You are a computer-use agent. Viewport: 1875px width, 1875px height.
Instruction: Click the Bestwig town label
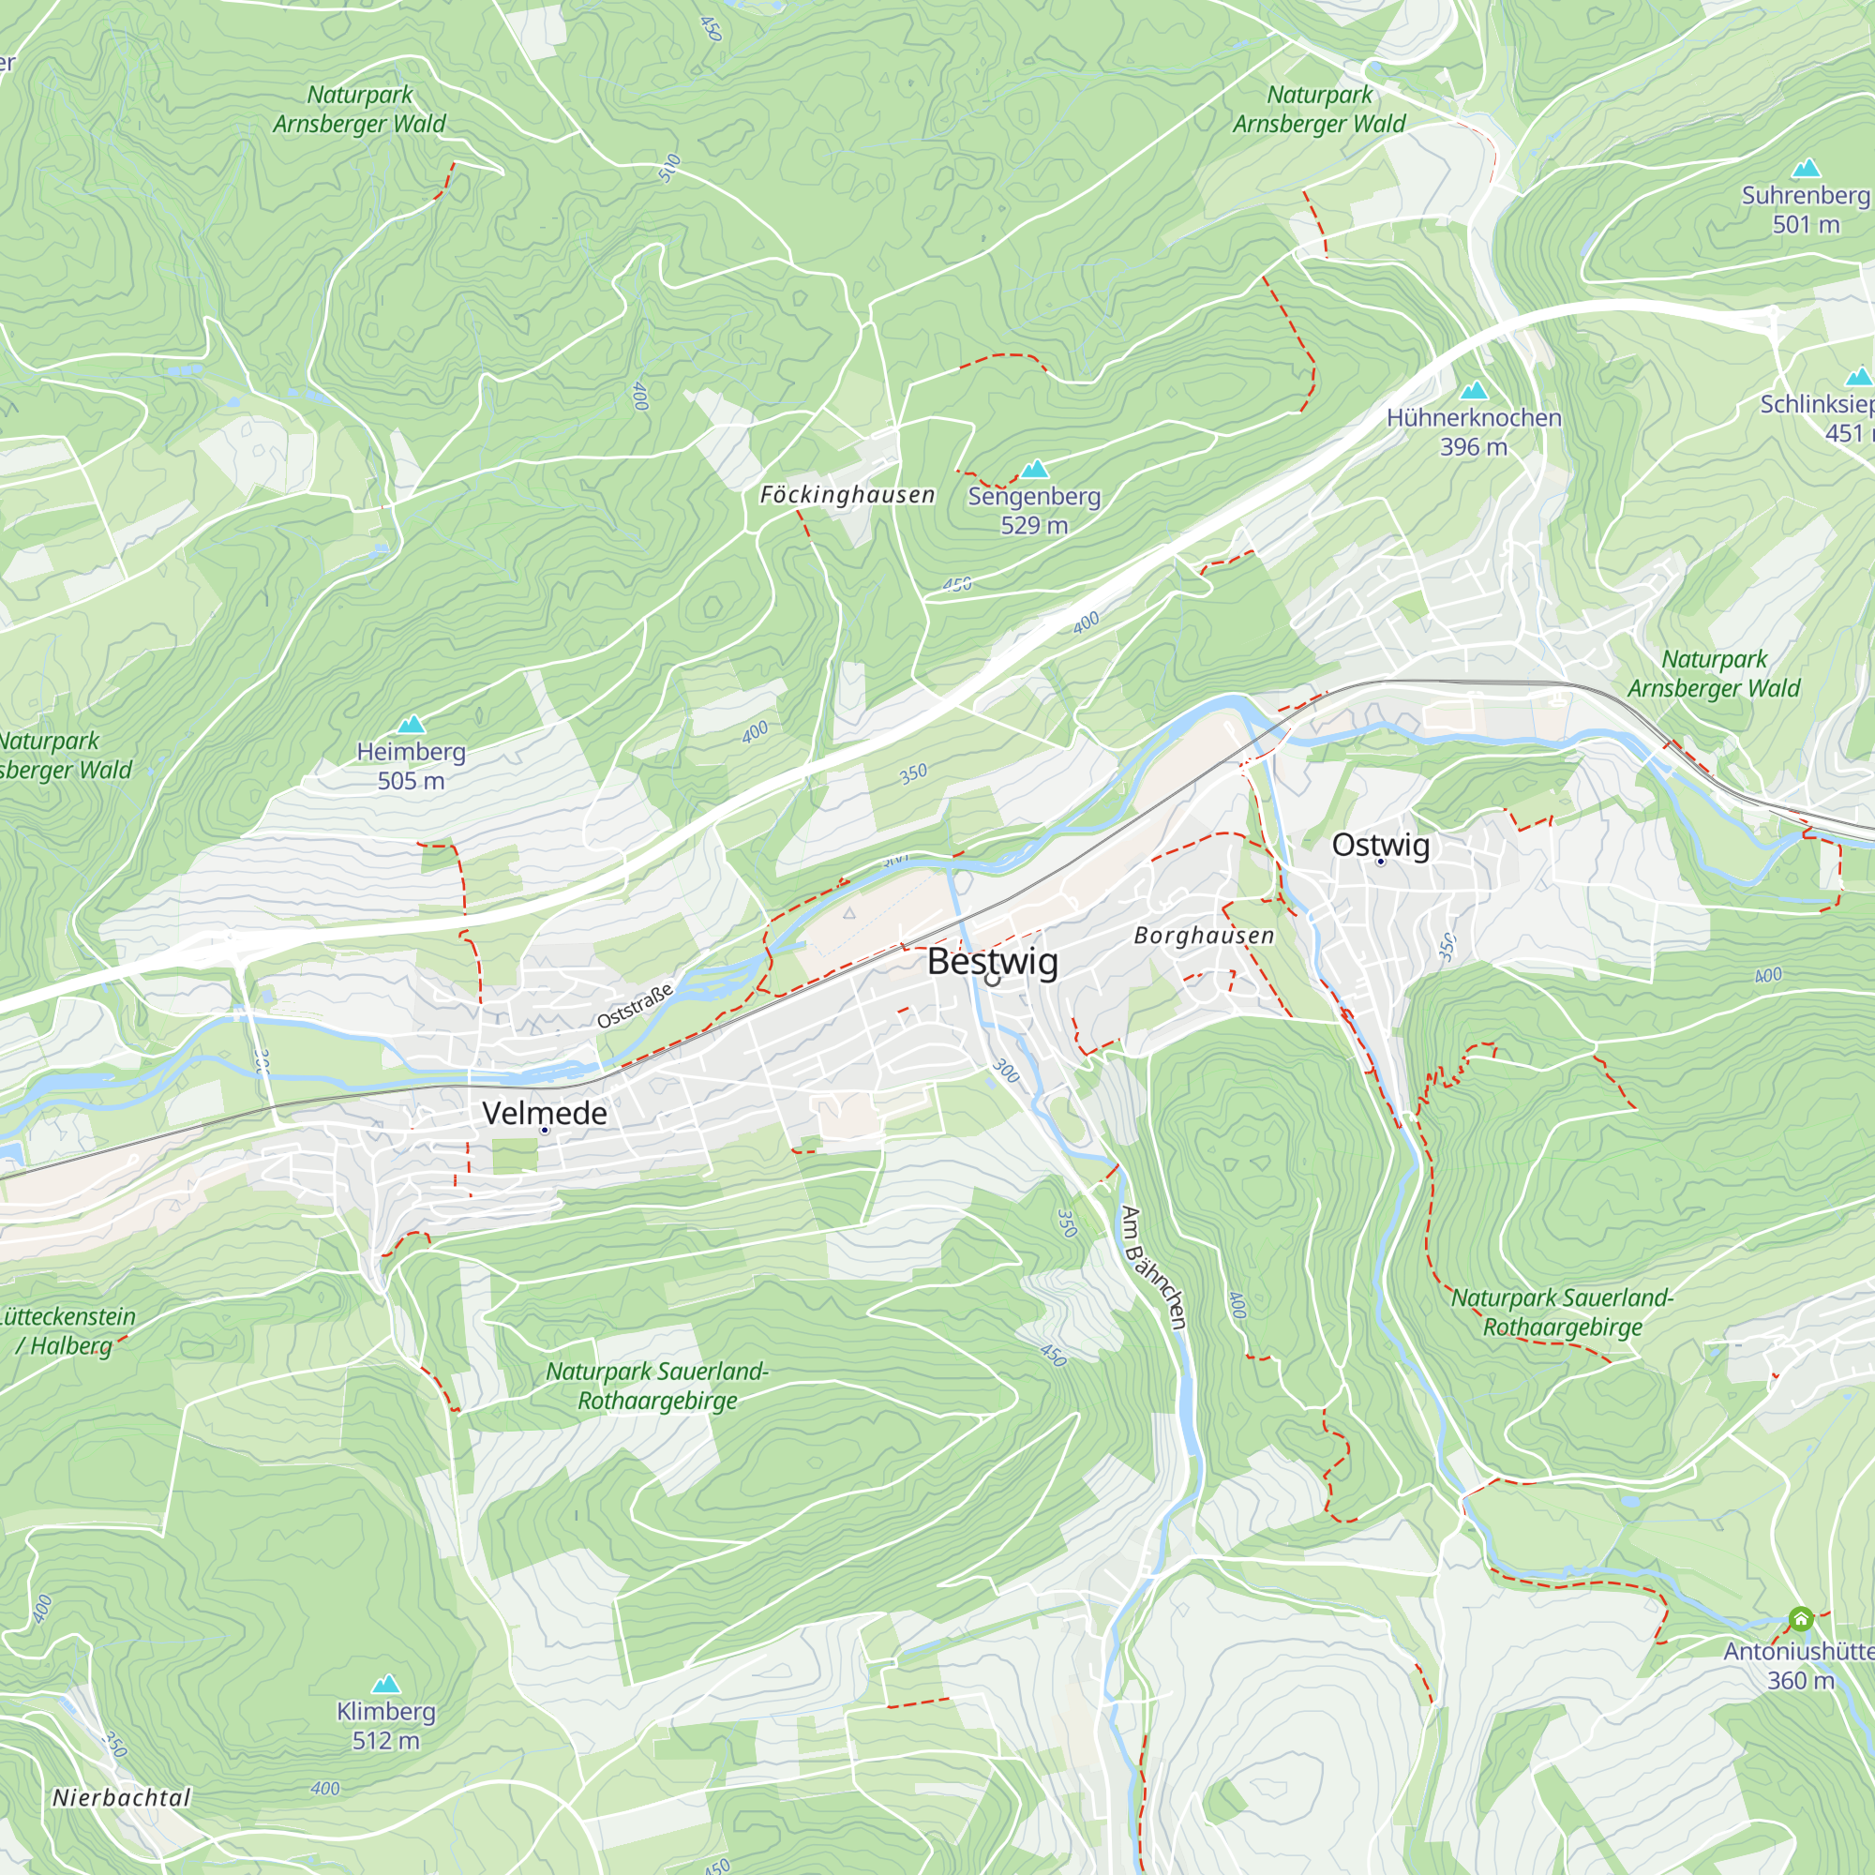[992, 962]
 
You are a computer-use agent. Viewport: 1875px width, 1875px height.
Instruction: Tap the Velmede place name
[545, 1113]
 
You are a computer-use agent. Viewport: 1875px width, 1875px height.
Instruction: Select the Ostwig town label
[1380, 845]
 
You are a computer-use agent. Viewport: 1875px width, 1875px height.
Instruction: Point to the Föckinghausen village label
[847, 495]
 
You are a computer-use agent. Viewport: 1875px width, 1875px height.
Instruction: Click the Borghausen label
[1204, 936]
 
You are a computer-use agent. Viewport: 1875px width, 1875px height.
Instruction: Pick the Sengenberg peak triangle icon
[1035, 470]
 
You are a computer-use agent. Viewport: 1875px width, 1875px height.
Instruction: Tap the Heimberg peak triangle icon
[412, 724]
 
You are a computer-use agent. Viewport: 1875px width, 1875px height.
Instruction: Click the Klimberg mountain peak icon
[386, 1684]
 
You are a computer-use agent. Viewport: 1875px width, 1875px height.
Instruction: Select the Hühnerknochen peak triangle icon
[1473, 391]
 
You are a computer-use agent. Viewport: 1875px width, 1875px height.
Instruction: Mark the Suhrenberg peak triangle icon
[1805, 169]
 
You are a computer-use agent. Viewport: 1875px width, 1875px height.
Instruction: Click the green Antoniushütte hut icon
[1800, 1619]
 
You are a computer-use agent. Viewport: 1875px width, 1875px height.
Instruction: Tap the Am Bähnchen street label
[1154, 1267]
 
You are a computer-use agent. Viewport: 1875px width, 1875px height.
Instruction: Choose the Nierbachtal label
[121, 1797]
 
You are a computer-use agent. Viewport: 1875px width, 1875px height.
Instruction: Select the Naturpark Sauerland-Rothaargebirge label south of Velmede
[657, 1386]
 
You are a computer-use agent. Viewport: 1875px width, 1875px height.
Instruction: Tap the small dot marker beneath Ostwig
[1380, 862]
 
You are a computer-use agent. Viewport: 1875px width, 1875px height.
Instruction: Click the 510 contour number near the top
[669, 168]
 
